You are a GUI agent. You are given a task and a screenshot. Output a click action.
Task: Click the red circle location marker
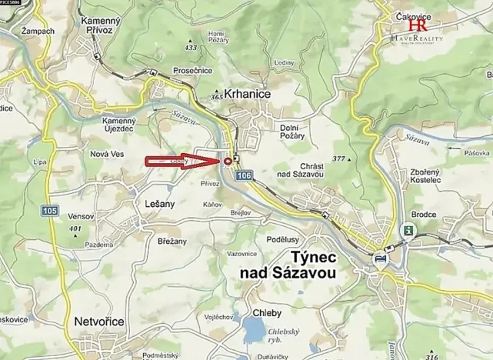point(228,160)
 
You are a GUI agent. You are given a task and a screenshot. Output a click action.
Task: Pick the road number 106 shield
point(244,177)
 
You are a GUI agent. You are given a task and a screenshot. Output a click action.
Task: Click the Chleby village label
point(267,313)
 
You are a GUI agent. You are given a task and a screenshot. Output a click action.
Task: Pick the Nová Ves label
point(107,154)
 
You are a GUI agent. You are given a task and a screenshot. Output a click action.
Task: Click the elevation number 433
point(191,48)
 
